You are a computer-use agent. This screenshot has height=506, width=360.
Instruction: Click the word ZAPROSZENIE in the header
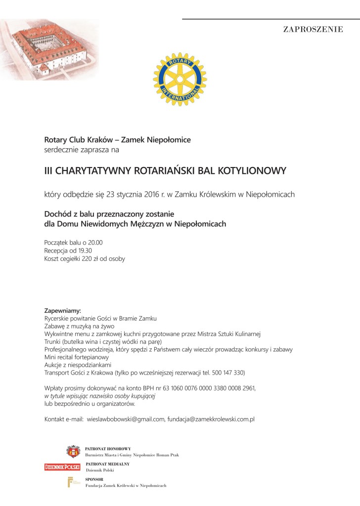pos(313,29)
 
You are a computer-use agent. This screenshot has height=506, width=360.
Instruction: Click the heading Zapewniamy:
pos(62,311)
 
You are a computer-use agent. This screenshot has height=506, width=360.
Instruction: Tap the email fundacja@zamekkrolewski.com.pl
pos(211,420)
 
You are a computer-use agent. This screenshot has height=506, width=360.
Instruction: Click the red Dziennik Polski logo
pos(62,466)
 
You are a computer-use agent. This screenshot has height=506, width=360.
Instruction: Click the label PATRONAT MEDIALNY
pos(107,464)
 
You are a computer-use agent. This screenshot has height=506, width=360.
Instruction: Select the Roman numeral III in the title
pos(48,171)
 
